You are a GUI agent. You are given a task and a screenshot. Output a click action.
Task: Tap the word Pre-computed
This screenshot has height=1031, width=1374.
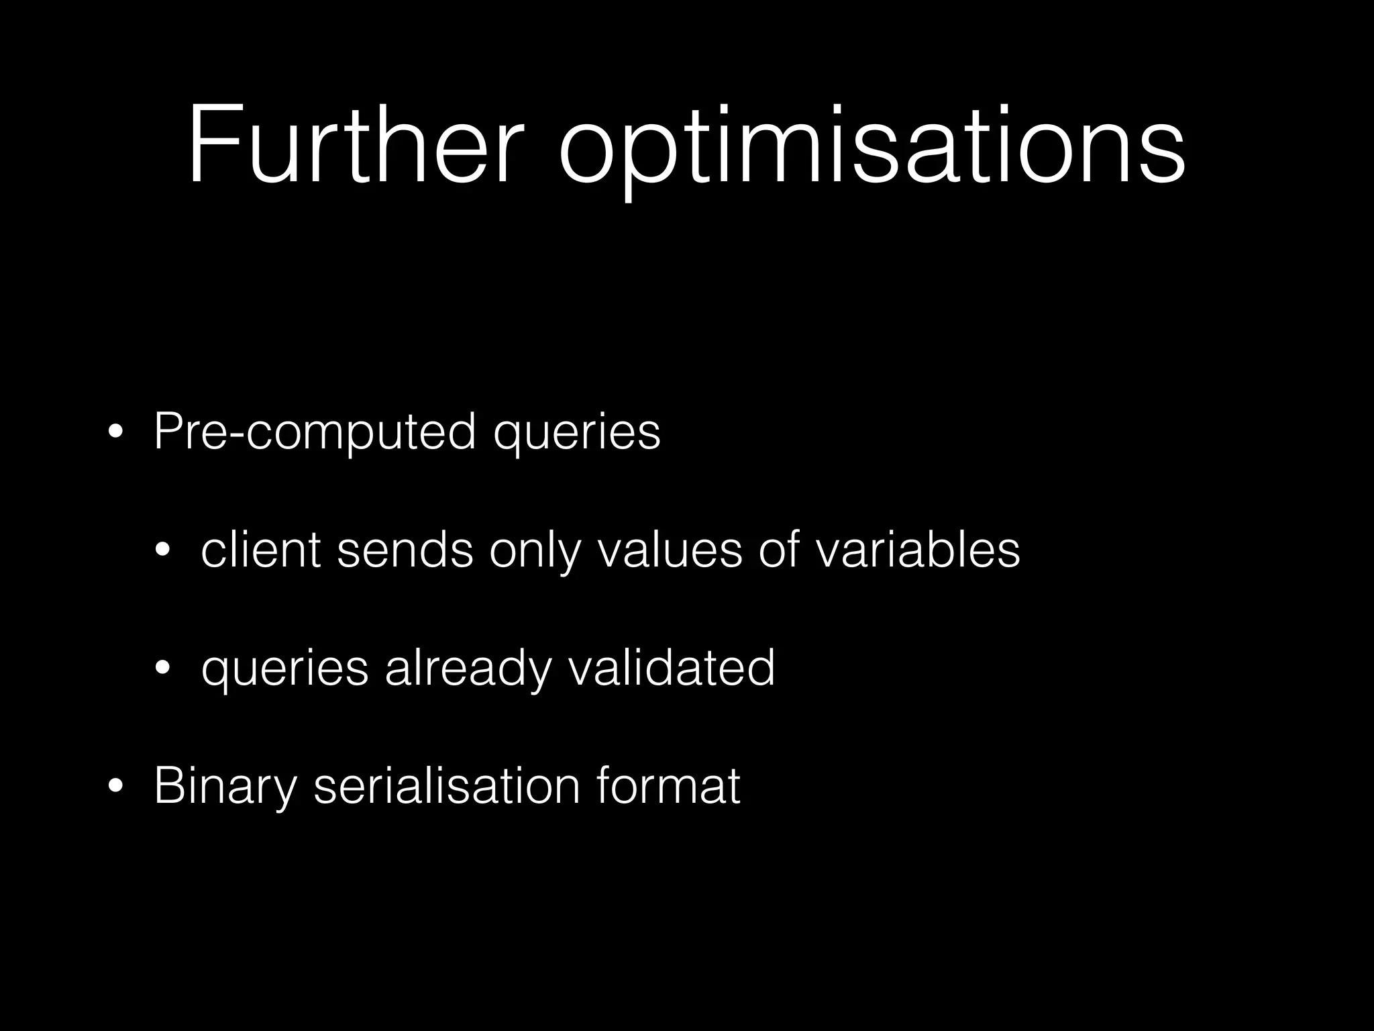(x=315, y=433)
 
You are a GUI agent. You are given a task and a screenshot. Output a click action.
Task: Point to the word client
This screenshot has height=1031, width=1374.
(x=260, y=550)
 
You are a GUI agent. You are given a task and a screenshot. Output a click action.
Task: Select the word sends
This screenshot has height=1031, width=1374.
(x=405, y=550)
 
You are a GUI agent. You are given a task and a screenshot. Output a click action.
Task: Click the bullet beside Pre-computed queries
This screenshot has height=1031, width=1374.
(x=115, y=433)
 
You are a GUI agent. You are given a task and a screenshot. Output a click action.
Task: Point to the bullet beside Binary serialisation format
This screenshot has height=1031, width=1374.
(x=115, y=787)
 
